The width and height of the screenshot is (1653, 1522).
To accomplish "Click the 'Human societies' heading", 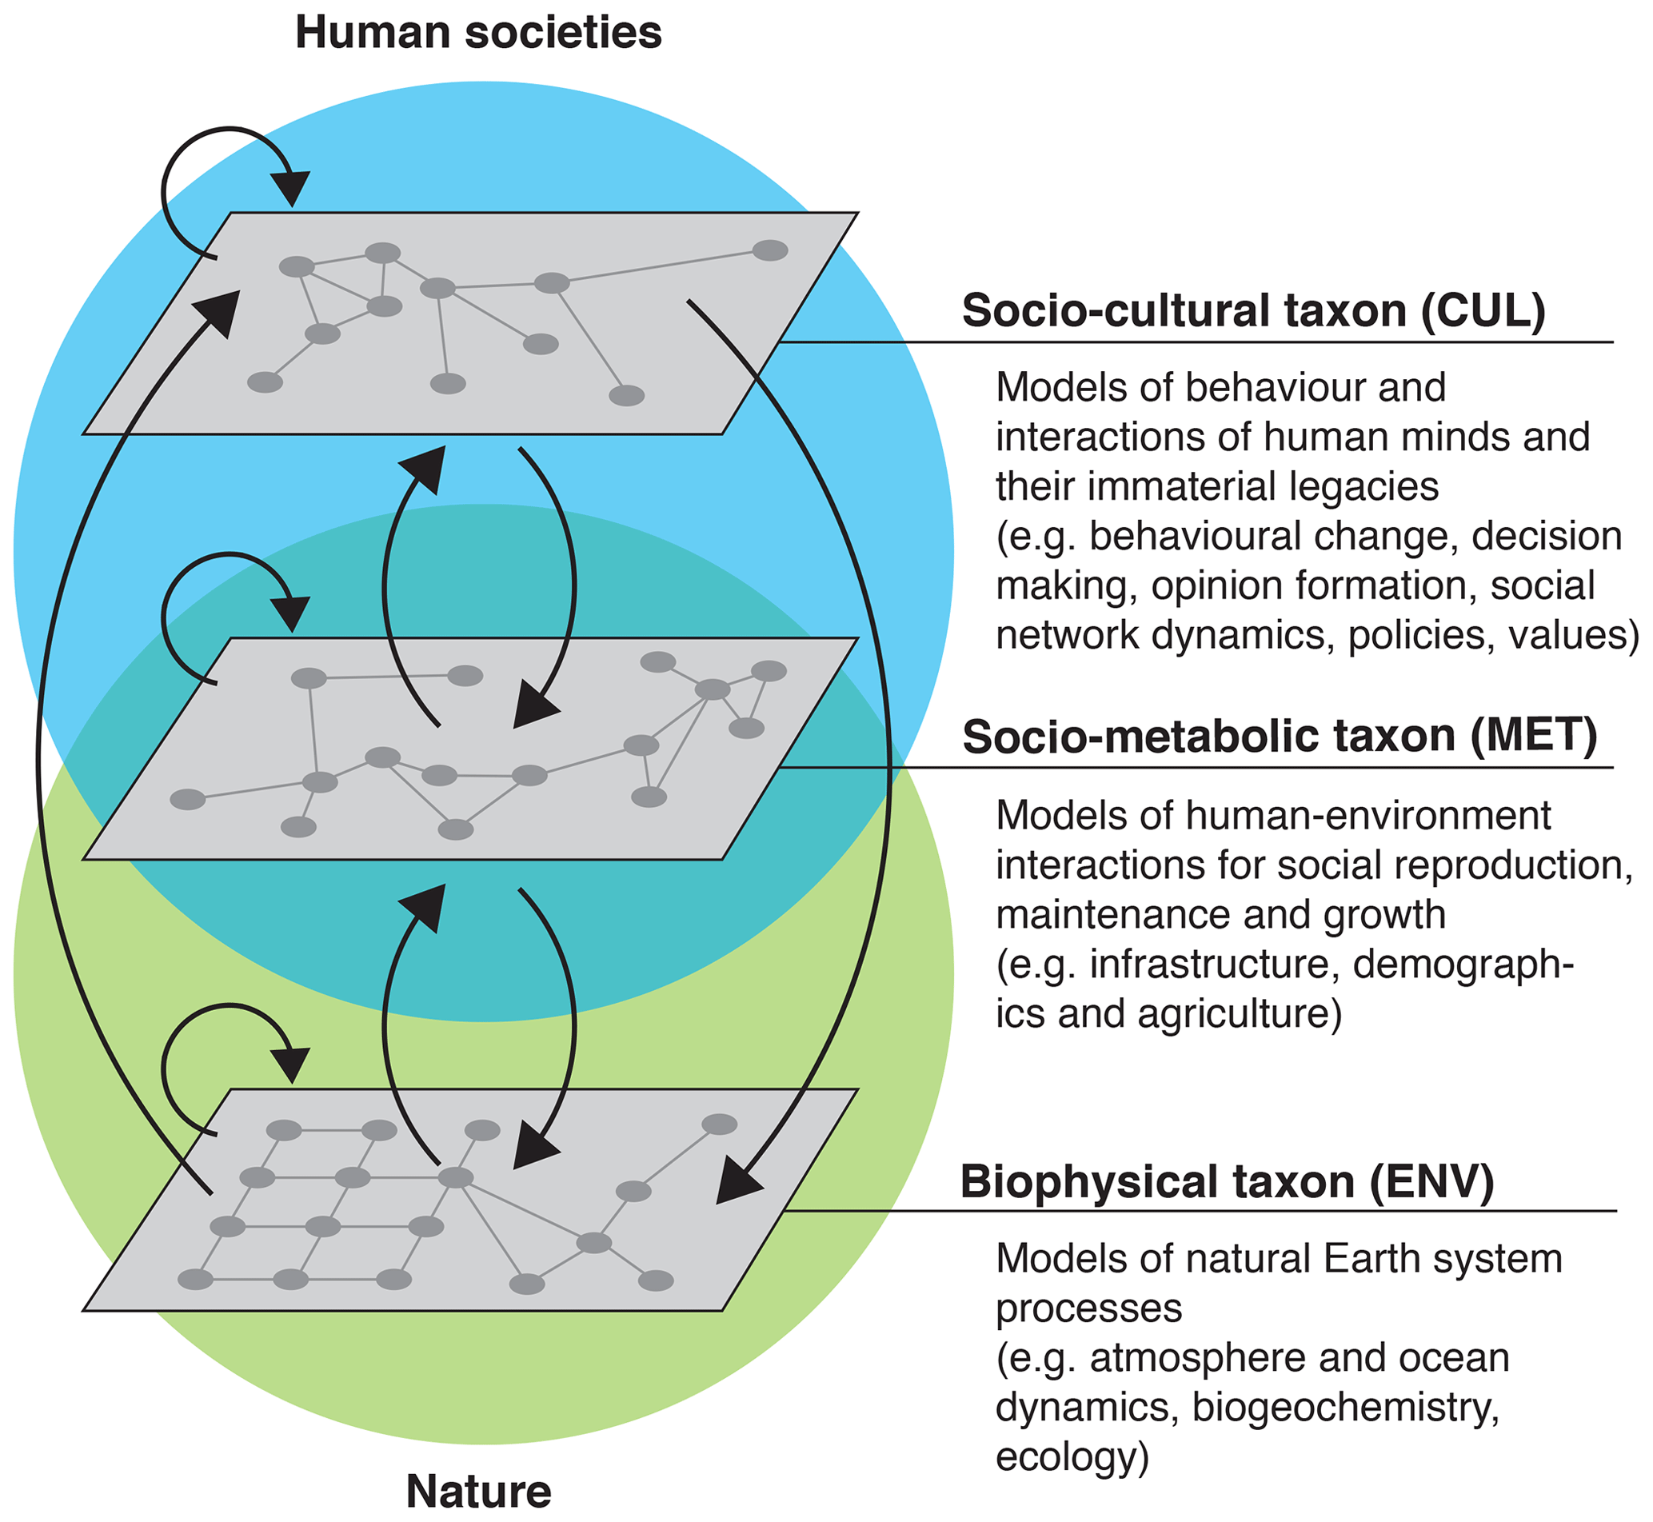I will (x=477, y=33).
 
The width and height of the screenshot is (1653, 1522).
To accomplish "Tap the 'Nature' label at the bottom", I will (x=478, y=1491).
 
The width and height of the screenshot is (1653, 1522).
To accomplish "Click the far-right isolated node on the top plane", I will (x=770, y=250).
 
